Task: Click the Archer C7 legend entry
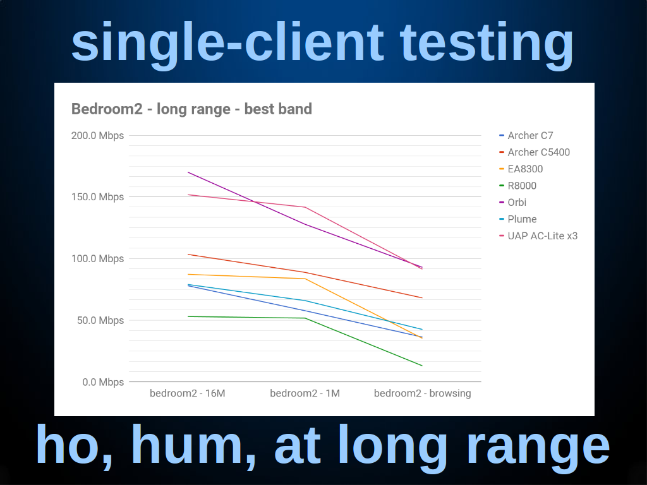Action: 526,136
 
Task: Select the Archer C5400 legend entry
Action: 535,152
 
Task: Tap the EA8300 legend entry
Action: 521,169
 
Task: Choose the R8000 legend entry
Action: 518,186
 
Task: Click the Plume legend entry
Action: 518,219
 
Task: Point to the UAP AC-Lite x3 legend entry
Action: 538,236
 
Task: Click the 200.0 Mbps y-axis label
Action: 97,136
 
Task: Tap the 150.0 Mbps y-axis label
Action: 97,197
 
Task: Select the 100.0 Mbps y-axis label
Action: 97,259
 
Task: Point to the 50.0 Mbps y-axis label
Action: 100,320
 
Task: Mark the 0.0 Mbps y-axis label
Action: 103,382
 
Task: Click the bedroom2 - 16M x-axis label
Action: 187,393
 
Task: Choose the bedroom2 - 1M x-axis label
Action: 305,393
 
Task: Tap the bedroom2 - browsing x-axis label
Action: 423,393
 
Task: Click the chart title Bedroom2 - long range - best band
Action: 191,109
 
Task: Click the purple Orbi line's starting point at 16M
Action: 188,172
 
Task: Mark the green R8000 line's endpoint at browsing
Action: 422,366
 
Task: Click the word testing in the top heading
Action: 487,43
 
